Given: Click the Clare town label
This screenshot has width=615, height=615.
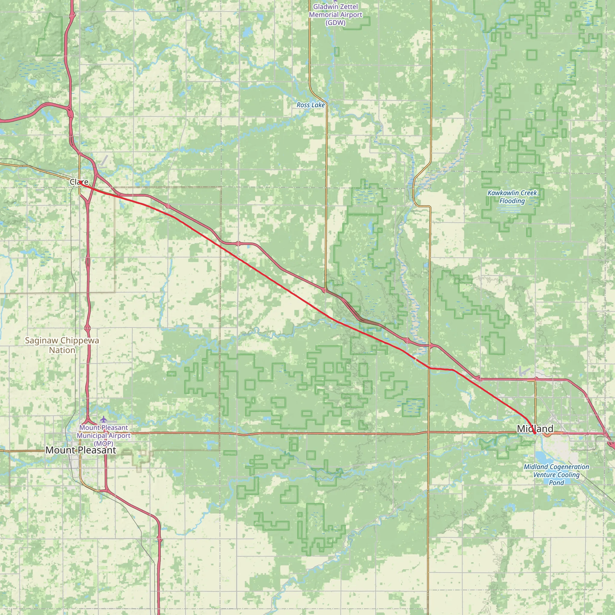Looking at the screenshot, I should click(79, 182).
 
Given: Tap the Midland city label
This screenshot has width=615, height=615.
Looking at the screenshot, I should click(535, 429).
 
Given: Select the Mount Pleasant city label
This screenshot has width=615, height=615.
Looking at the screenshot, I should click(80, 450).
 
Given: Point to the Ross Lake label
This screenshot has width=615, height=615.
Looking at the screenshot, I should click(311, 105).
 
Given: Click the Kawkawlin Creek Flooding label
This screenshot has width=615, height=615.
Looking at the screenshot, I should click(512, 197).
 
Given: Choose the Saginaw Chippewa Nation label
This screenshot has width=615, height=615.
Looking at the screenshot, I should click(62, 345).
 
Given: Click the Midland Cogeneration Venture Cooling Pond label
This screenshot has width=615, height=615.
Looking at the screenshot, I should click(556, 475).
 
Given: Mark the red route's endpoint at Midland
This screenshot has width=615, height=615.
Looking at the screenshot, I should click(535, 433).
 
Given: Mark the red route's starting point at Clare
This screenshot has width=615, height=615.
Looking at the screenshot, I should click(80, 183).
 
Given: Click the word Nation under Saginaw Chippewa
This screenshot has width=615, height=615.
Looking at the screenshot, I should click(62, 350).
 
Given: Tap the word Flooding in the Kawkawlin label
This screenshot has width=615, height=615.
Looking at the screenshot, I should click(512, 201).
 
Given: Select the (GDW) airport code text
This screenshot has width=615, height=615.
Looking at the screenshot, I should click(335, 23).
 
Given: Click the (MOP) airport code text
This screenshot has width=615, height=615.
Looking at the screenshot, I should click(104, 444).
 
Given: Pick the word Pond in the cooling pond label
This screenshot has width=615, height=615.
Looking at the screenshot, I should click(556, 483).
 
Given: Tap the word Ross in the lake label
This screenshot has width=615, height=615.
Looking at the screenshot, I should click(303, 105).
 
